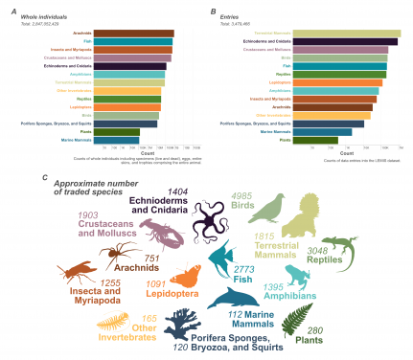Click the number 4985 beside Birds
tap(245, 196)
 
